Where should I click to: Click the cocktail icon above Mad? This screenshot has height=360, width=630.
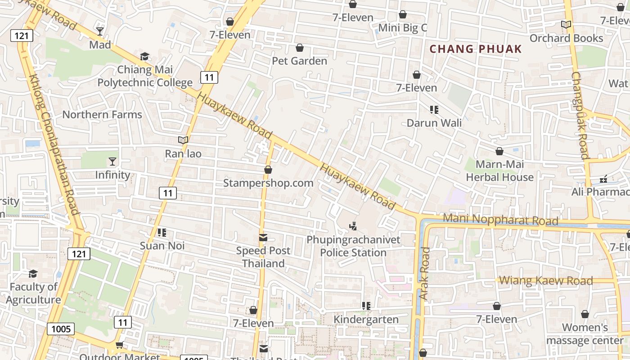tap(100, 31)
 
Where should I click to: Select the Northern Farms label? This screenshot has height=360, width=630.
tap(102, 114)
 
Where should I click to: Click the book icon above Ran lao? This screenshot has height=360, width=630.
tap(183, 140)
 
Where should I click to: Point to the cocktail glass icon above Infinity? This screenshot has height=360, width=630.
tap(112, 162)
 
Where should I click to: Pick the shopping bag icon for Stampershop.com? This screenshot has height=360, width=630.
tap(268, 170)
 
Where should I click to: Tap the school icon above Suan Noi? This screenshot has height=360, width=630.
tap(162, 233)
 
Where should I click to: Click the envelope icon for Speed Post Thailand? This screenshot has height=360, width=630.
tap(263, 237)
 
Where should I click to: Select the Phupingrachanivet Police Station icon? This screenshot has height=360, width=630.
tap(353, 226)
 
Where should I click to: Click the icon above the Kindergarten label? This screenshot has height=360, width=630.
tap(366, 306)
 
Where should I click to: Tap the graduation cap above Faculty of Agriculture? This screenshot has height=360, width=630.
tap(33, 274)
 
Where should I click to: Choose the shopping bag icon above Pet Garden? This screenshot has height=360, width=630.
tap(300, 48)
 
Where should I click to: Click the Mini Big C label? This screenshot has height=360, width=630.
tap(402, 28)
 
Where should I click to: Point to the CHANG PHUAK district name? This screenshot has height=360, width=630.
tap(476, 49)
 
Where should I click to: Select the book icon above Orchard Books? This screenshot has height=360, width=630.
tap(566, 25)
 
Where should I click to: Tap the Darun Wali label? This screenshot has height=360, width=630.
tap(434, 123)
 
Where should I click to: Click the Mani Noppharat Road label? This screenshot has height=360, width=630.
tap(500, 220)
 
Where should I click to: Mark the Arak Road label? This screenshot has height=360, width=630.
tap(424, 274)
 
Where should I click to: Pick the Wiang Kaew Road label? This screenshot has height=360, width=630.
tap(546, 281)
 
